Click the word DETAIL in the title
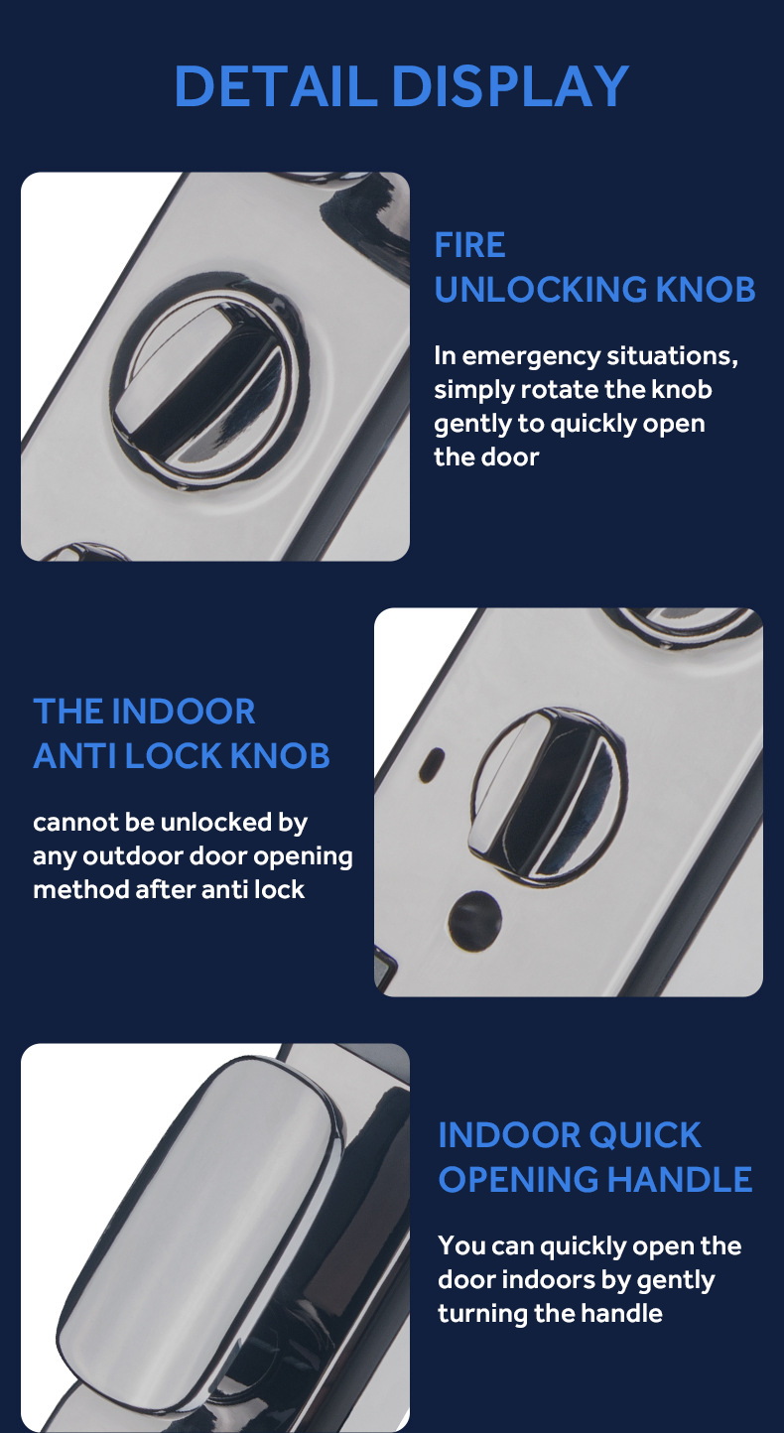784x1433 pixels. click(x=275, y=85)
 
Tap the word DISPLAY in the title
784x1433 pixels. click(x=510, y=85)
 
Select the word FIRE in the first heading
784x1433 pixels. click(x=469, y=245)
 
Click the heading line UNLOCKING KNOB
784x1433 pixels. click(x=594, y=289)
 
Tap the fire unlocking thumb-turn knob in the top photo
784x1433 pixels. click(x=206, y=381)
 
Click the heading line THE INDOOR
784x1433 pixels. click(x=144, y=712)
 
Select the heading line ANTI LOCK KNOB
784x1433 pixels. click(x=182, y=755)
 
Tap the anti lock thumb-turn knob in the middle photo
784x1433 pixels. click(x=548, y=797)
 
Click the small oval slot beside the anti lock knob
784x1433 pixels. click(x=432, y=764)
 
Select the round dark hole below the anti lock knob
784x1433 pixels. click(x=475, y=920)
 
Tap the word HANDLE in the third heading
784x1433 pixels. click(x=680, y=1179)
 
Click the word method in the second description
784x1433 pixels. click(x=80, y=890)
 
